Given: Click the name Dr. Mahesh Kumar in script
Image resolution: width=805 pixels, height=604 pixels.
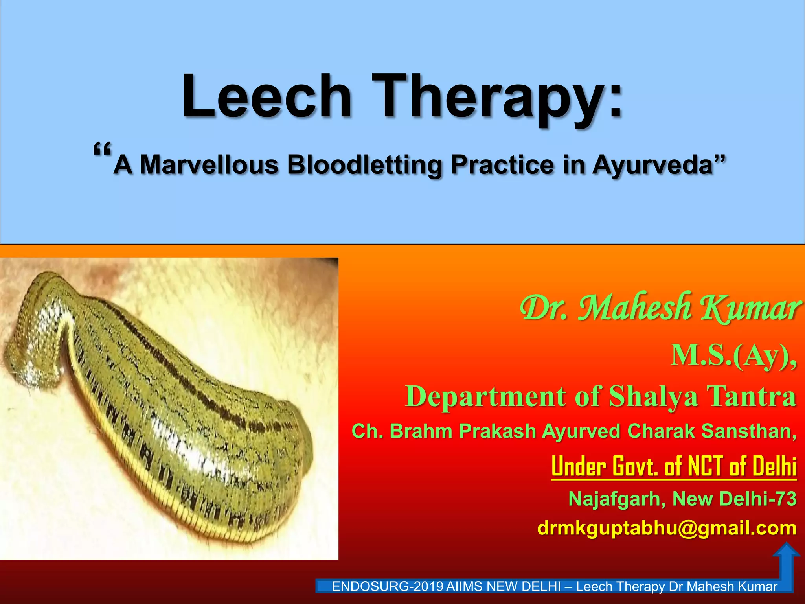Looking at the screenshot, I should click(660, 309).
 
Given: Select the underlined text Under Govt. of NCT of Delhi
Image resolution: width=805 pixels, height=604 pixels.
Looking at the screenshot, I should click(674, 467).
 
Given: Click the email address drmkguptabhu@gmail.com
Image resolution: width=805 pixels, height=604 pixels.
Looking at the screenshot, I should click(667, 528).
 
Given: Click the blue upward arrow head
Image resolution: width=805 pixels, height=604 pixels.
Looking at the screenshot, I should click(786, 551).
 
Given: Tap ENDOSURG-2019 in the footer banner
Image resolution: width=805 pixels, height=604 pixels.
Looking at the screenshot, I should click(388, 587).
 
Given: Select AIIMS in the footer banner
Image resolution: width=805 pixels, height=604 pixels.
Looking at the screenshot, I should click(464, 587).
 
